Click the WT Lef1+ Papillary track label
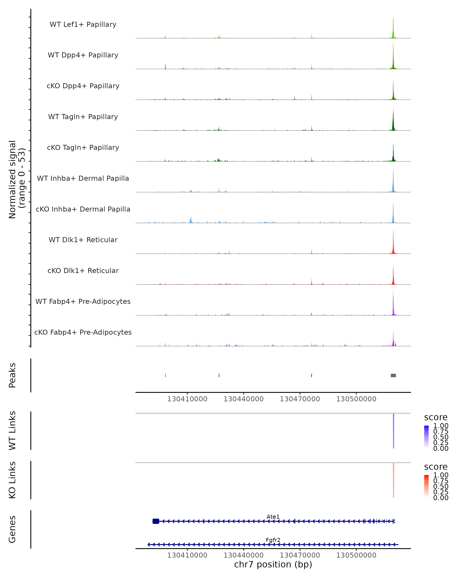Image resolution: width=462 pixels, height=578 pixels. point(83,24)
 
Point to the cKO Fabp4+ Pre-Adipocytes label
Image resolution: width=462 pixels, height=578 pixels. point(83,332)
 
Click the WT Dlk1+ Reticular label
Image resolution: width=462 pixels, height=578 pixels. point(83,240)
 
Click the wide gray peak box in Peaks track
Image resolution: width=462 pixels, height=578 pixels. point(393,375)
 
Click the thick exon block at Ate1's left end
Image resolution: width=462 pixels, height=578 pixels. point(156,521)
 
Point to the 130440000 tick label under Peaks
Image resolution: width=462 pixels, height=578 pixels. point(244,399)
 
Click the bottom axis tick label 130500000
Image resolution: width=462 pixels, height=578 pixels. point(356,555)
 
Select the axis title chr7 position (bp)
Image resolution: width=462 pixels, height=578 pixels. point(273,564)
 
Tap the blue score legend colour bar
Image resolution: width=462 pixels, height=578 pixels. point(426,437)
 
